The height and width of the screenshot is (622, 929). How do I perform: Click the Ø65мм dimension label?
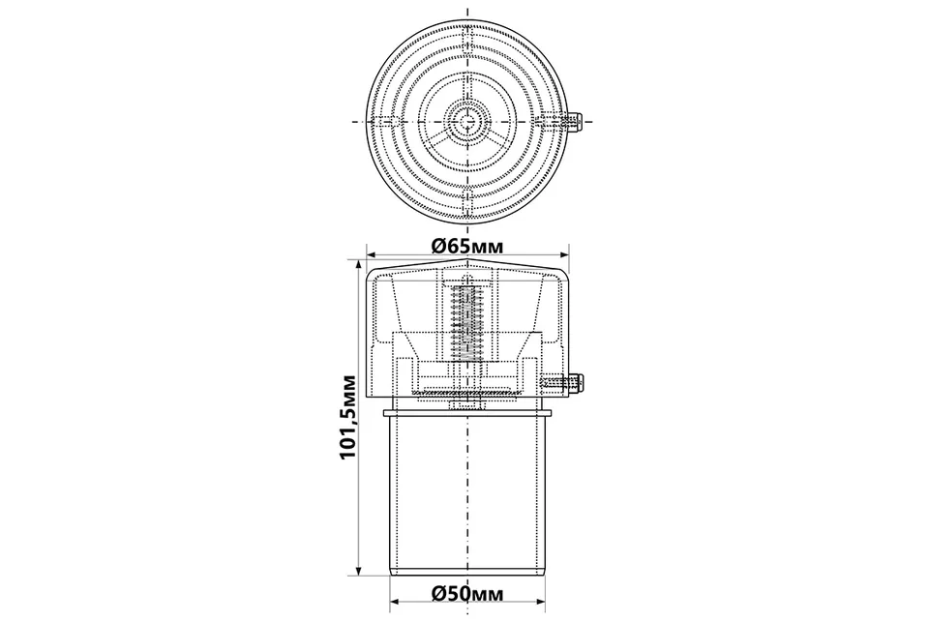click(x=468, y=246)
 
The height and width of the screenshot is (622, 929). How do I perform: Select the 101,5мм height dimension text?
click(x=347, y=416)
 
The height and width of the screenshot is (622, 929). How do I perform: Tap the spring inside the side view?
click(x=468, y=323)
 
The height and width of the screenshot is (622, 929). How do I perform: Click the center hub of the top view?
click(x=468, y=121)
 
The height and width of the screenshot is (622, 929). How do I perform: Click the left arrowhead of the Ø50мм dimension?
click(x=397, y=603)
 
